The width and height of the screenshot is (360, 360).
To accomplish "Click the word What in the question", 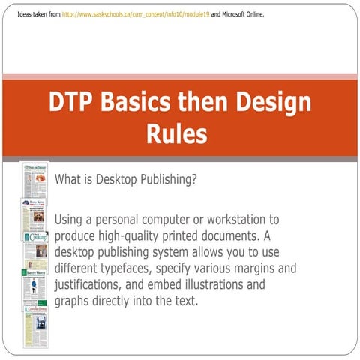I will (x=70, y=180).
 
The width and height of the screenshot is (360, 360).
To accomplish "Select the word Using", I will (x=72, y=220).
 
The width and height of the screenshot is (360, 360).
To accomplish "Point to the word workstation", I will (x=237, y=220).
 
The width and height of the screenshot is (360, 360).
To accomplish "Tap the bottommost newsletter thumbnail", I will (x=34, y=326).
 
